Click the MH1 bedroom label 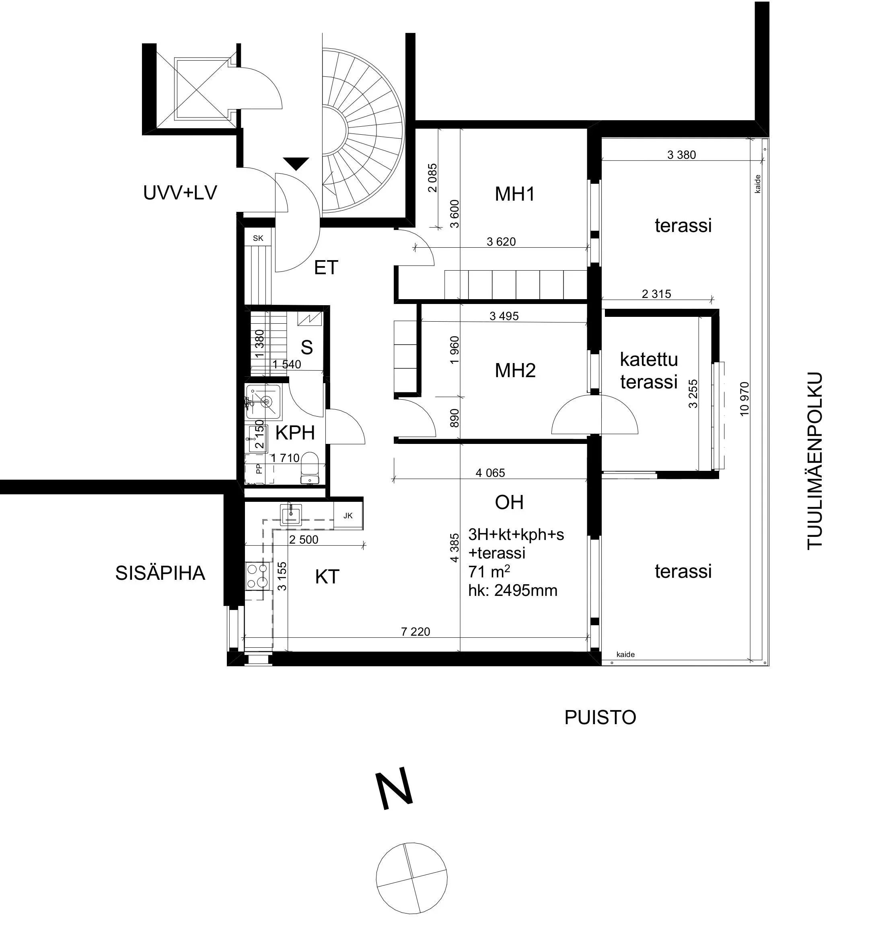514,194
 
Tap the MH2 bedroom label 514,371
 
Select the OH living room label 509,503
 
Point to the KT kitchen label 327,577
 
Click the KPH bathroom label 294,433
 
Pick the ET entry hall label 326,268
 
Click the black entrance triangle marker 296,163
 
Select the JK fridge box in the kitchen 348,516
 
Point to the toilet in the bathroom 309,468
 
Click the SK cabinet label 258,238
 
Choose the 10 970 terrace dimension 744,398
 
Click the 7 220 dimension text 415,632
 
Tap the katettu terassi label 649,370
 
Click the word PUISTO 600,717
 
